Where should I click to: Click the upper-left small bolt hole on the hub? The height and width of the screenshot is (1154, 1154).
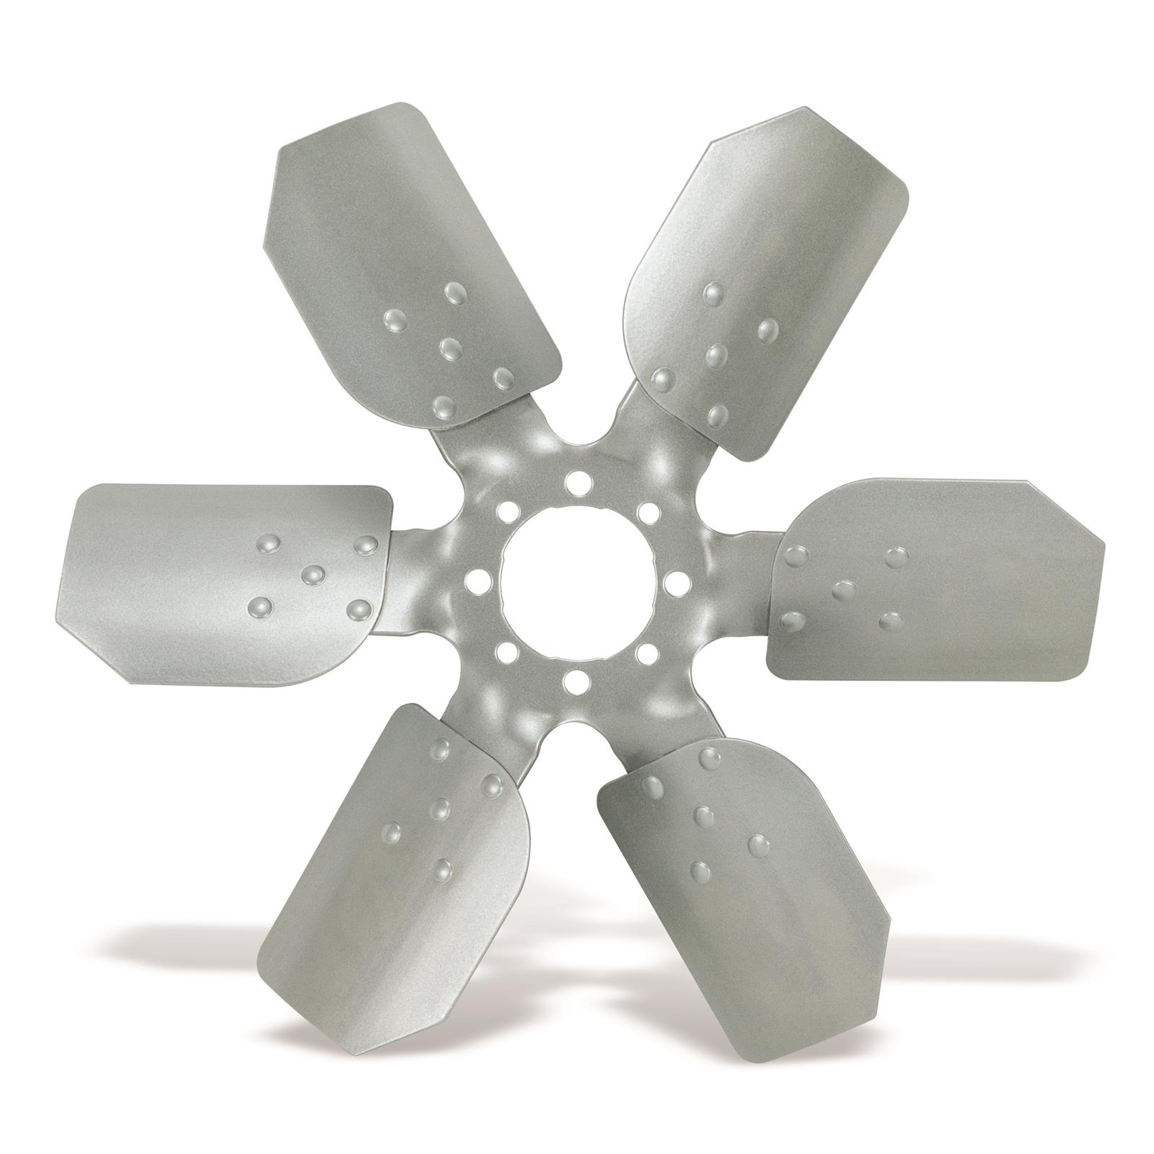(x=504, y=511)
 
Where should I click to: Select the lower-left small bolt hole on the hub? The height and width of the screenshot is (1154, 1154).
(x=504, y=653)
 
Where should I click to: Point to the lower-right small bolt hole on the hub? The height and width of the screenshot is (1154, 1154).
(x=646, y=653)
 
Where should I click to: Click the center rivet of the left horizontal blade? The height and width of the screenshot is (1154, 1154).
(x=313, y=574)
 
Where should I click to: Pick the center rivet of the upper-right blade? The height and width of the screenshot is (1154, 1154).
(x=715, y=354)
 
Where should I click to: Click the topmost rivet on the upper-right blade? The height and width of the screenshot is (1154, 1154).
(x=714, y=292)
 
